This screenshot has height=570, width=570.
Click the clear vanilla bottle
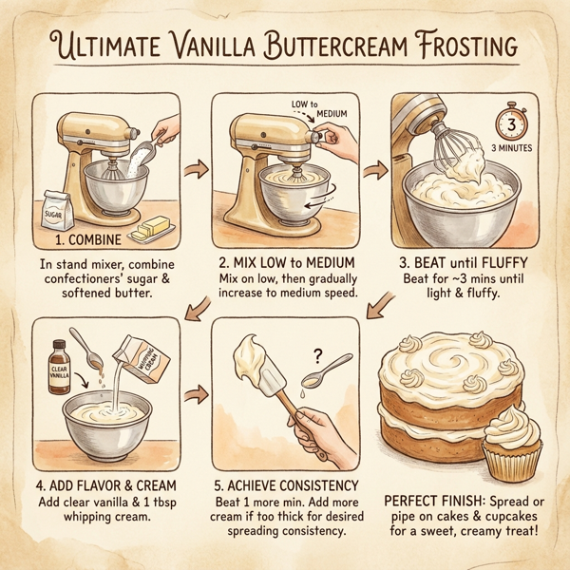[59, 367]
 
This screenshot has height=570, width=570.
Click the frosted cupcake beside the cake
[512, 446]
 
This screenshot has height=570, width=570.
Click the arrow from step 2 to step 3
[375, 171]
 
